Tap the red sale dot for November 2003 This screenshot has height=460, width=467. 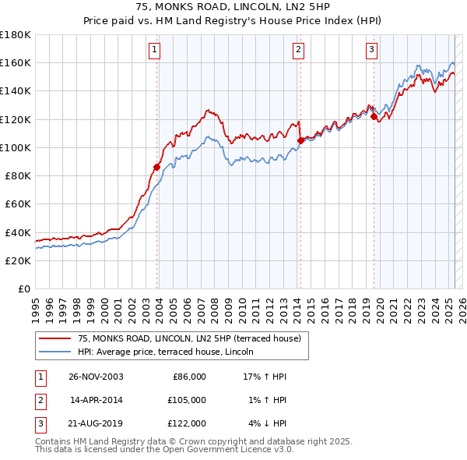[157, 166]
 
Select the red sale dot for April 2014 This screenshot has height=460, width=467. [300, 140]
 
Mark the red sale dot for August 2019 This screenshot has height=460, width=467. [374, 117]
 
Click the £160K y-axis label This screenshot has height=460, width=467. [16, 62]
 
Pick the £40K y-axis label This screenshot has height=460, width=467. [18, 232]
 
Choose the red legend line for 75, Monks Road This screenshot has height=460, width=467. [55, 338]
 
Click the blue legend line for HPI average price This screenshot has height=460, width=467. [55, 352]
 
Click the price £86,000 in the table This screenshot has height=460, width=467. [189, 377]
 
